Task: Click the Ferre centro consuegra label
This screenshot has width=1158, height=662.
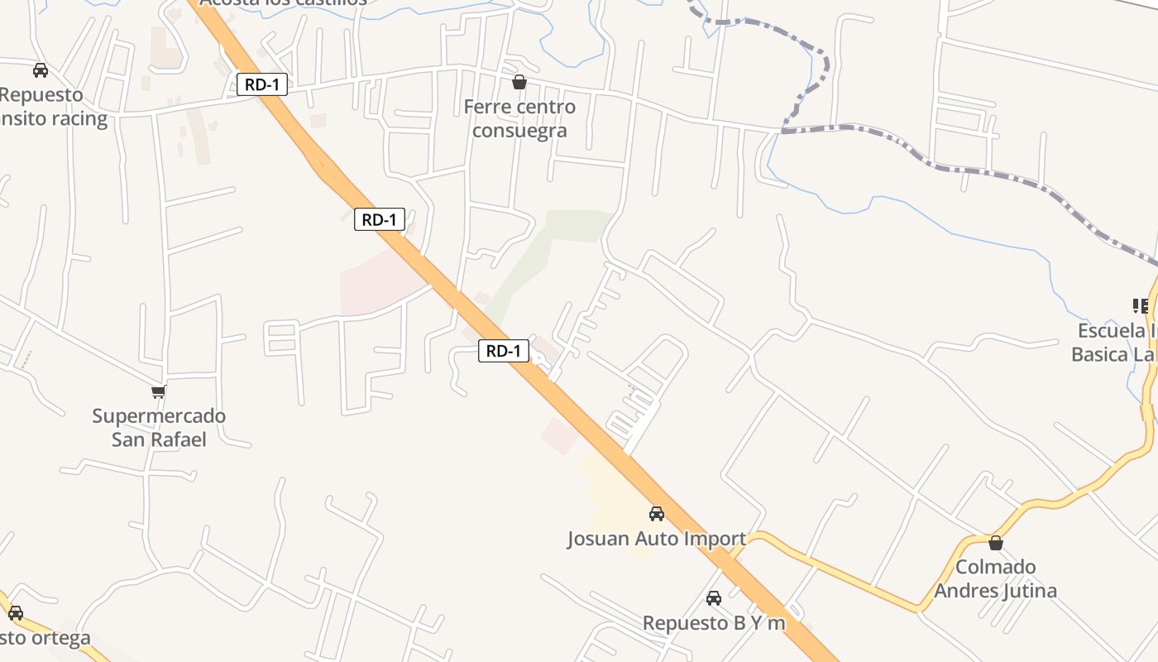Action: click(x=519, y=118)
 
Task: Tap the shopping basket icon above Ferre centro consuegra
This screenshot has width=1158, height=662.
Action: click(x=519, y=82)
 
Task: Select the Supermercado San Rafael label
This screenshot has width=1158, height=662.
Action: click(x=159, y=427)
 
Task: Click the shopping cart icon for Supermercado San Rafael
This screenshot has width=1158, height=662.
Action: click(x=158, y=391)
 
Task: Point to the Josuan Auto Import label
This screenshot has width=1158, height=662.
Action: click(x=657, y=539)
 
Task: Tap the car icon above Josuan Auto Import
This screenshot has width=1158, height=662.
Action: click(x=657, y=513)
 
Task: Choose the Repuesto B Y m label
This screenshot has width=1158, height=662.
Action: click(x=714, y=623)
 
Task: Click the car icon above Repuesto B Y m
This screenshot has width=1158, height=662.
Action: click(x=714, y=597)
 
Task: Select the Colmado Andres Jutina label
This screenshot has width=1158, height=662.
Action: click(x=996, y=578)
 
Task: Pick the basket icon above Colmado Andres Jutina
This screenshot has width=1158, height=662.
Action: click(x=996, y=543)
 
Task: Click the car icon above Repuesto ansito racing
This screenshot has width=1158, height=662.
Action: click(x=41, y=70)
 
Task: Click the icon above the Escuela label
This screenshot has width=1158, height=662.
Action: click(x=1141, y=306)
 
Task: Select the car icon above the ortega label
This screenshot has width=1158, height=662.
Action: click(x=15, y=613)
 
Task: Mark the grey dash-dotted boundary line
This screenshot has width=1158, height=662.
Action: click(x=976, y=171)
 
